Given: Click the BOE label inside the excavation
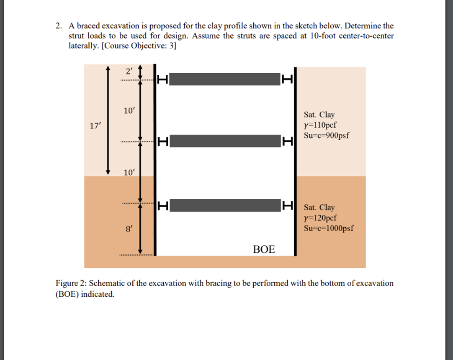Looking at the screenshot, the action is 264,249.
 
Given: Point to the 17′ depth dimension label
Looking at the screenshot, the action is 95,125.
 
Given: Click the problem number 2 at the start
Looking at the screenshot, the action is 58,26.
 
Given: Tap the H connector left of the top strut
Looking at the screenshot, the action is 163,79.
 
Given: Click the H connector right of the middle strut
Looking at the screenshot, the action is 287,141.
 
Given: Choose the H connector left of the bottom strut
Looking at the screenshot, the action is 163,206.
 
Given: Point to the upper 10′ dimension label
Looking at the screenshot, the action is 129,111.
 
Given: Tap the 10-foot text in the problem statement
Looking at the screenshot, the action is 324,36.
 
